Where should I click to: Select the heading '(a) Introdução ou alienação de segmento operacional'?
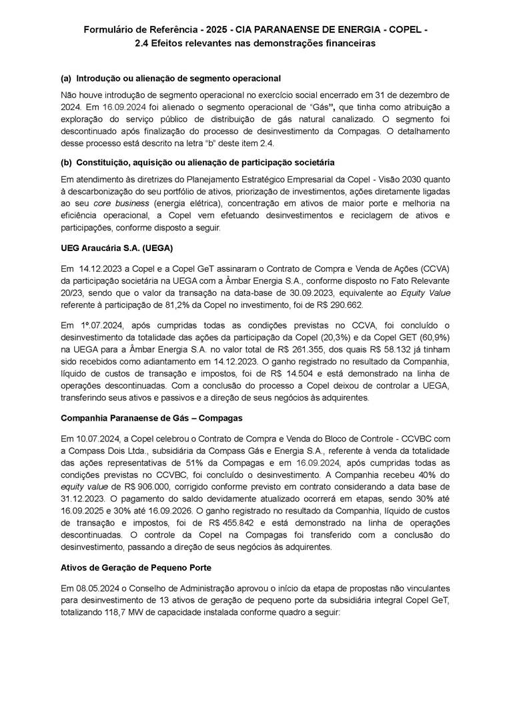pos(170,79)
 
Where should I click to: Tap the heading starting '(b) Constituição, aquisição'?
pos(197,163)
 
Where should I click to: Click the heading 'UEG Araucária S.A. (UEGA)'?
pos(117,248)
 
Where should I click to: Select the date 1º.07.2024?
pos(99,325)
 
